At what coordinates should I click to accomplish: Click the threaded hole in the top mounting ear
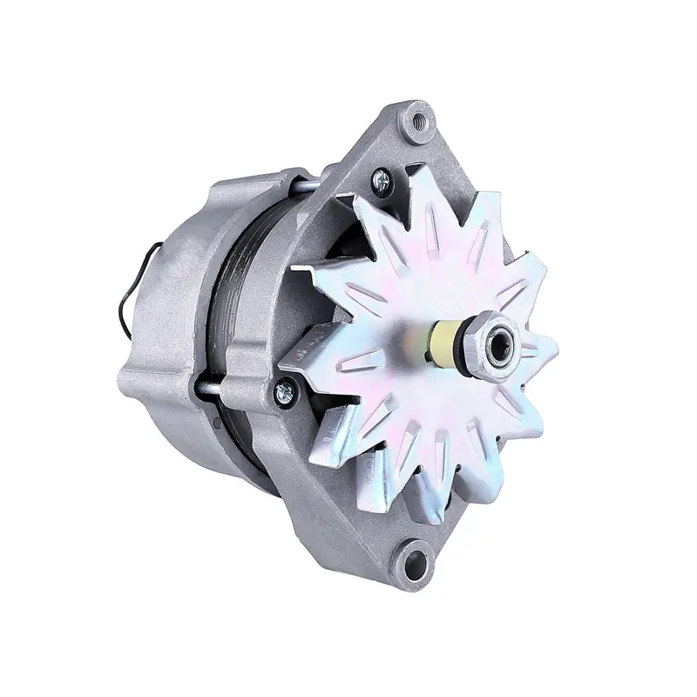(419, 121)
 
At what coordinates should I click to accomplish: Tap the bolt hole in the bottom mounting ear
(413, 555)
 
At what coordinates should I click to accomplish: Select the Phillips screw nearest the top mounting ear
(381, 180)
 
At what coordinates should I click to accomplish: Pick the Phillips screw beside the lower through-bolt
(285, 394)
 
